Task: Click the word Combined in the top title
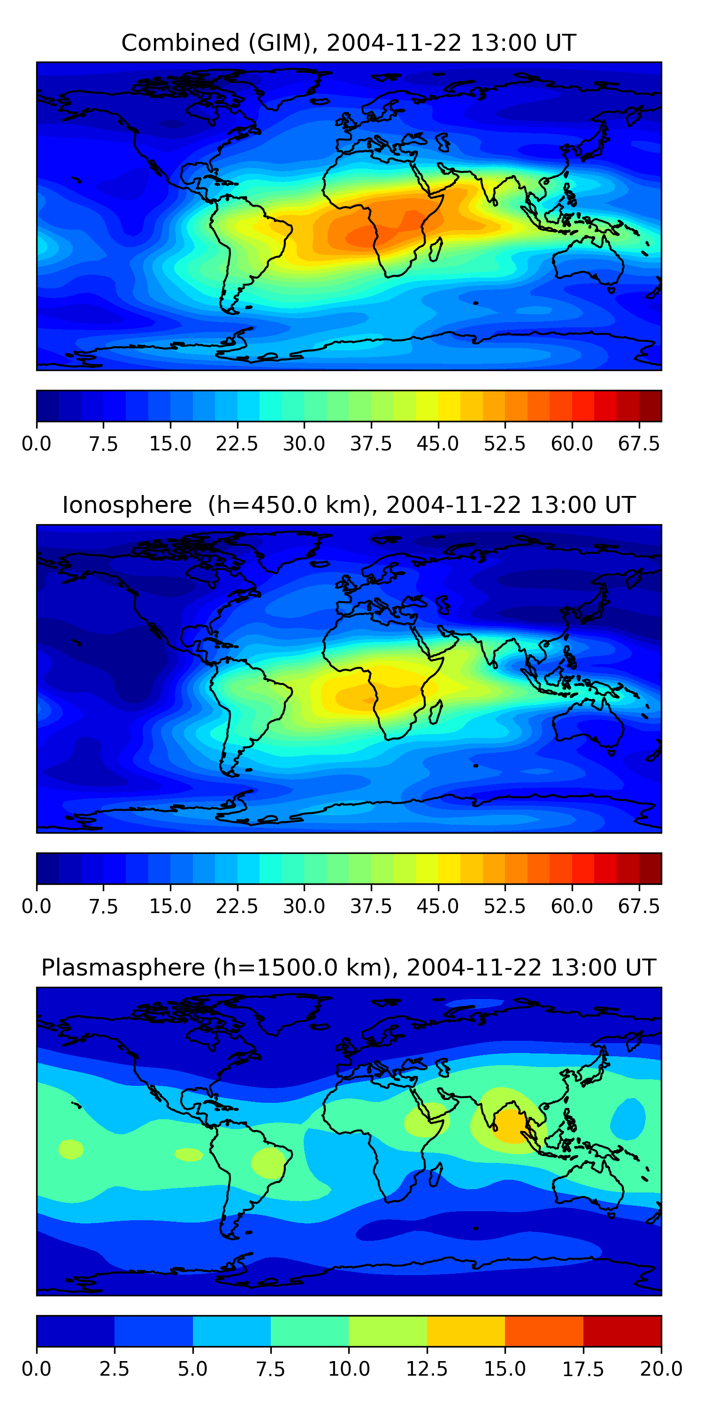pos(180,43)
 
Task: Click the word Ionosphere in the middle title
pos(127,505)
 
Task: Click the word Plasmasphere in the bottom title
pos(123,968)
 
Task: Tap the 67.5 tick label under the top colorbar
pos(638,443)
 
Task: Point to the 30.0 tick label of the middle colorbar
pos(304,906)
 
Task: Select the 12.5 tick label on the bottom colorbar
pos(427,1369)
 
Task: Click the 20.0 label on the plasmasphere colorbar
pos(661,1369)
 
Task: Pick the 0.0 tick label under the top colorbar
pos(37,443)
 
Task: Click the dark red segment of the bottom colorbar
pos(622,1331)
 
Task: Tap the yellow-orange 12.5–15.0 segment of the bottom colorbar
pos(466,1331)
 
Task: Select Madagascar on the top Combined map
pos(436,249)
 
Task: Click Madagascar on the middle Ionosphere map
pos(436,712)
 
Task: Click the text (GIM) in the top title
pos(283,43)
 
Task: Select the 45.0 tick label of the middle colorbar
pos(438,906)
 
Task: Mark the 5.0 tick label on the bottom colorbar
pos(192,1369)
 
